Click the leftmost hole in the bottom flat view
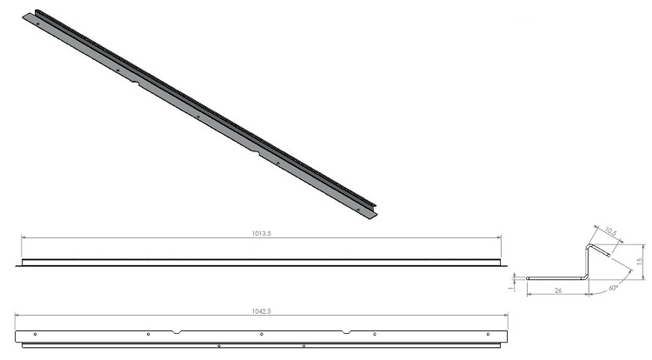(34, 334)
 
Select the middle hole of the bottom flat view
(262, 334)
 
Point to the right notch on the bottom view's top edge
(348, 331)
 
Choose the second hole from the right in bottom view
(375, 334)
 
